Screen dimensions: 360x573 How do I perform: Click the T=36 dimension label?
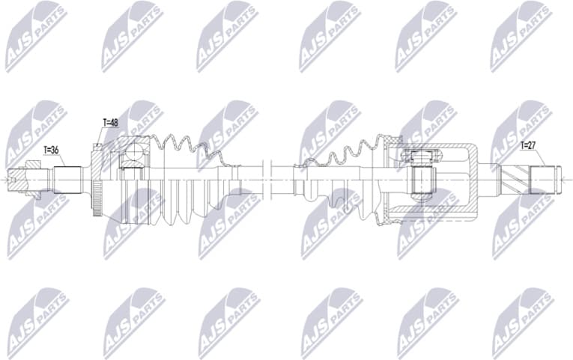pyautogui.click(x=52, y=150)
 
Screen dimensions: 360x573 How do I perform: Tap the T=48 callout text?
pyautogui.click(x=110, y=122)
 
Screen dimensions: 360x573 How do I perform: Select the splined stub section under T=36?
pyautogui.click(x=67, y=180)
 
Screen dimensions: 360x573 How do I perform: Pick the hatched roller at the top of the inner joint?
pyautogui.click(x=418, y=156)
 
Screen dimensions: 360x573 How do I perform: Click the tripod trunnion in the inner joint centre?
pyautogui.click(x=422, y=180)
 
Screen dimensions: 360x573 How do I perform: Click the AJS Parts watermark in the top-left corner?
pyautogui.click(x=34, y=34)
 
